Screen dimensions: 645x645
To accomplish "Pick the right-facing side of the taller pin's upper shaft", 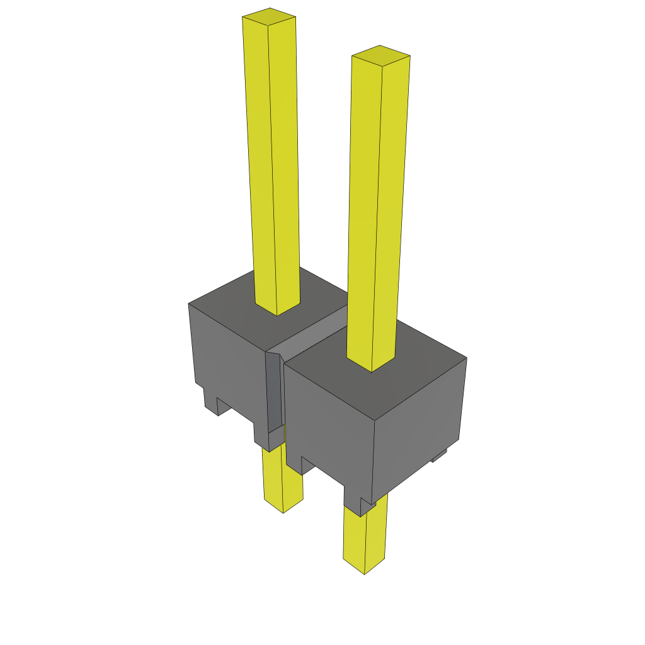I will [x=284, y=164].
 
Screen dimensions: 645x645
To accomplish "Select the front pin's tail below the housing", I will [x=364, y=535].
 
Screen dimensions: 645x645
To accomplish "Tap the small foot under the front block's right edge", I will [x=440, y=455].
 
